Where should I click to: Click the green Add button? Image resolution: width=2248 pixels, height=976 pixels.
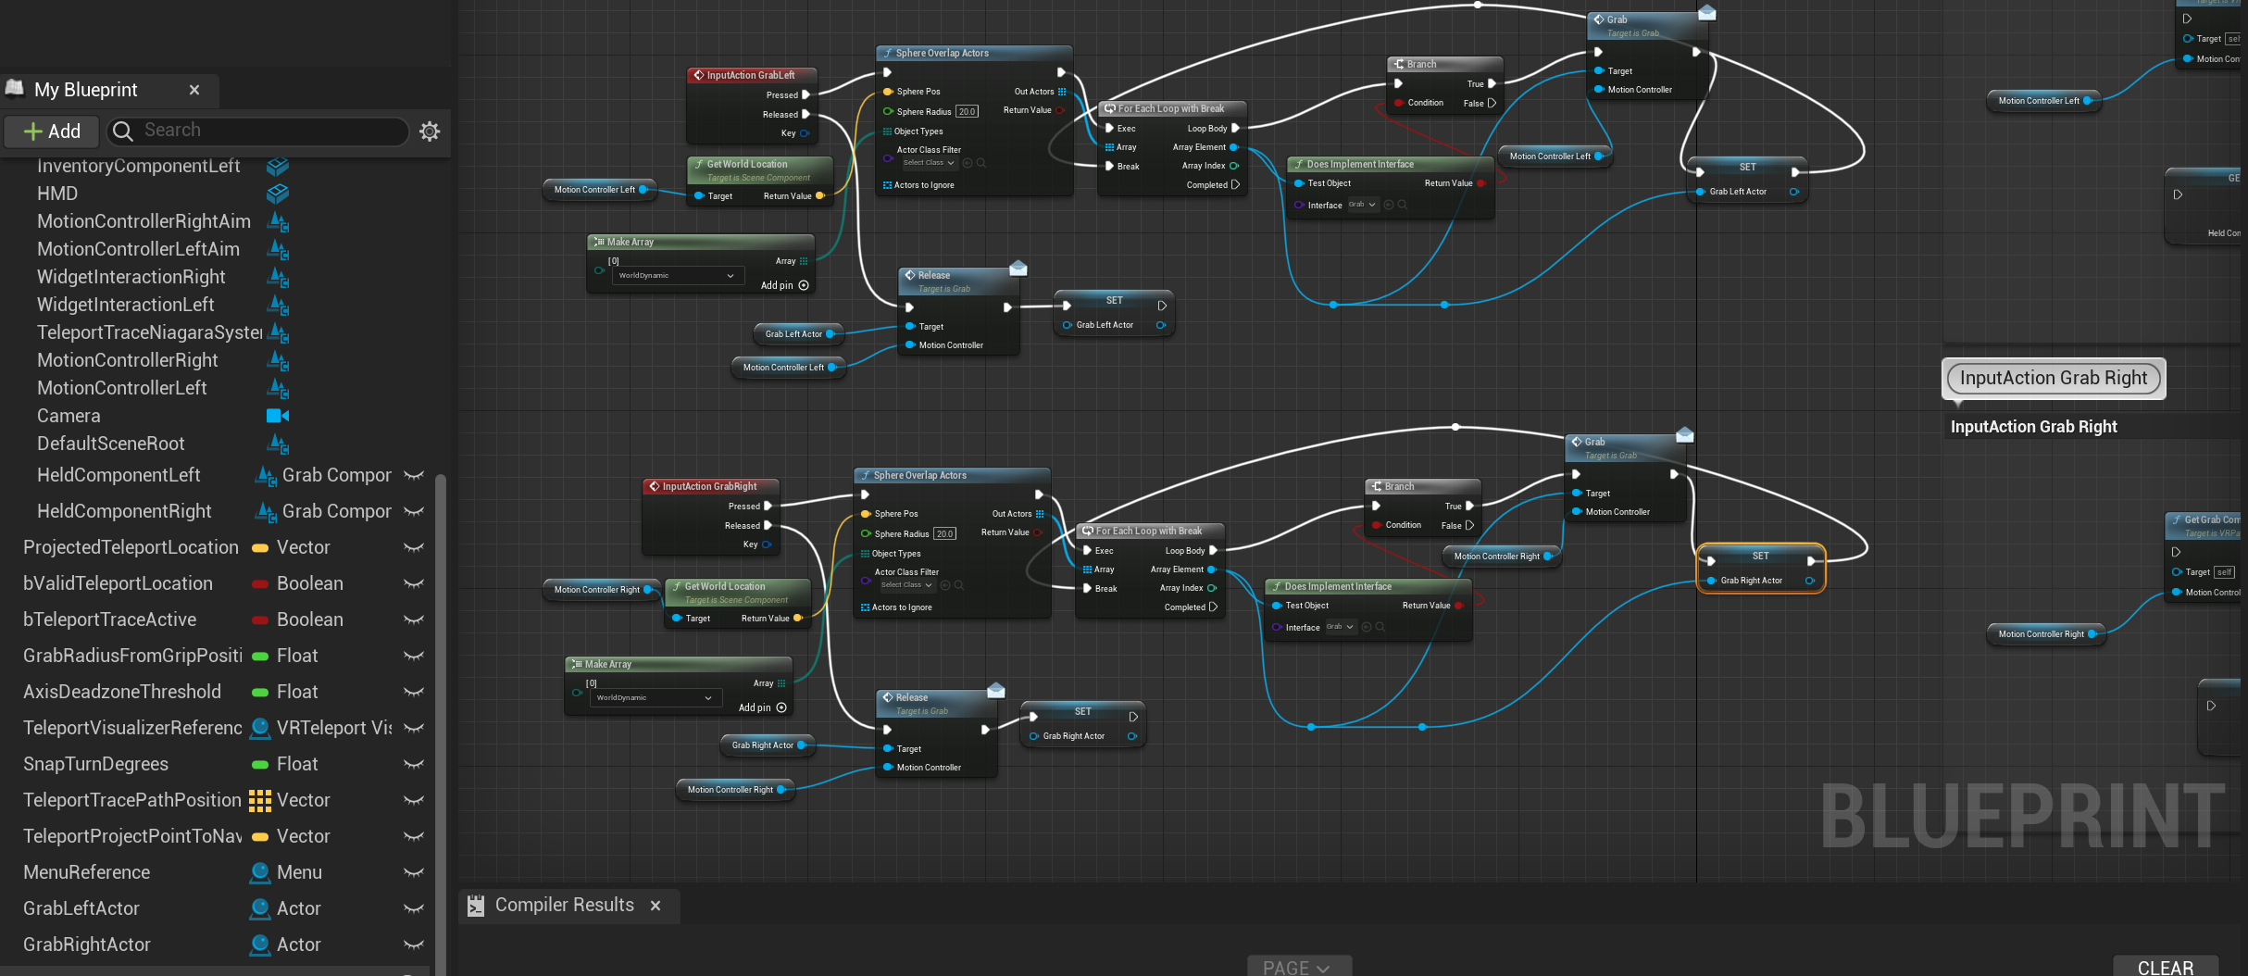(x=52, y=131)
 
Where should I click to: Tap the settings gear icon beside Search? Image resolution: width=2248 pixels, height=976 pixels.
(x=430, y=131)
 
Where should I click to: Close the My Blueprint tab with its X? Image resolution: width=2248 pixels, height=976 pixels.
(x=194, y=90)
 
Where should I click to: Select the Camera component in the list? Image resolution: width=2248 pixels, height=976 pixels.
(x=69, y=416)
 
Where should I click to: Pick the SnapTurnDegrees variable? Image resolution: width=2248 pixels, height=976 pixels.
(x=95, y=764)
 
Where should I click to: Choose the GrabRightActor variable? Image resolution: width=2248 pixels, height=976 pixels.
(x=86, y=945)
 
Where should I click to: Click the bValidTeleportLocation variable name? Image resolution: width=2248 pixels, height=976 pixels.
(x=118, y=583)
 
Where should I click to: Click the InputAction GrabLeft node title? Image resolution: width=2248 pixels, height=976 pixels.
(x=750, y=75)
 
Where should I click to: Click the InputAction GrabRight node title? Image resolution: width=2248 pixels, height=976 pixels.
(x=709, y=486)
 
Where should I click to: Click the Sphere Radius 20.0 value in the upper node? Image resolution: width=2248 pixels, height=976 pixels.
(x=967, y=112)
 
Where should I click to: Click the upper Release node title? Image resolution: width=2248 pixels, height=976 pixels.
(x=934, y=275)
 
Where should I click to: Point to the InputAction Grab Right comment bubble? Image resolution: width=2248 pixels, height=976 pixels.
(x=2053, y=378)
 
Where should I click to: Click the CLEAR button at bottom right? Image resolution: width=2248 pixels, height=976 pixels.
(x=2165, y=967)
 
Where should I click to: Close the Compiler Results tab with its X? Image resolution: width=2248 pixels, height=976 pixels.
(x=656, y=906)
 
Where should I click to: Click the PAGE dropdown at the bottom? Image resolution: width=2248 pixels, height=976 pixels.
(x=1298, y=967)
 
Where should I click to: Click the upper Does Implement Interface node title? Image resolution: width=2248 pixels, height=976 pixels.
(x=1360, y=164)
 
